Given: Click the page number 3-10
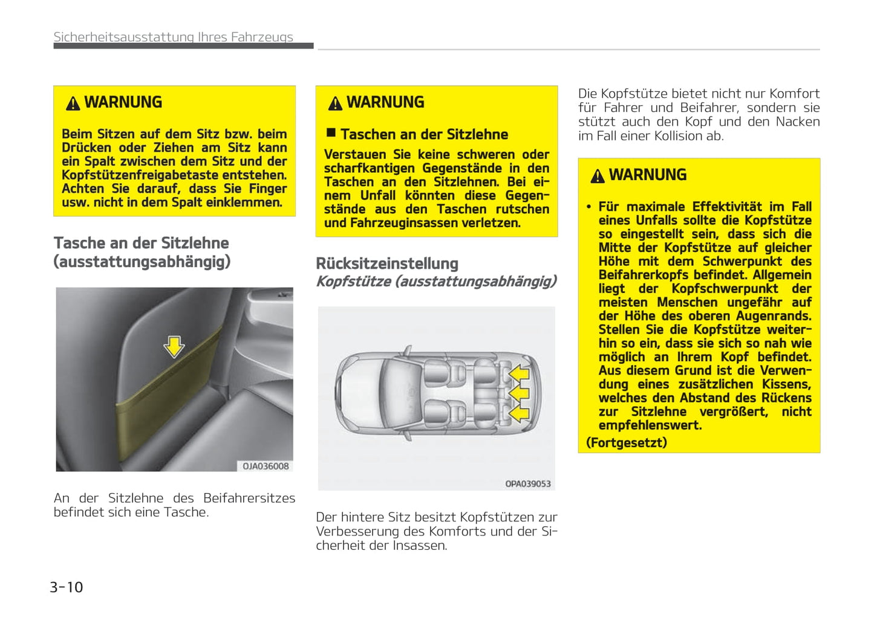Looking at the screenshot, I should point(67,587).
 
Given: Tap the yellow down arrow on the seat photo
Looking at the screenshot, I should point(174,346).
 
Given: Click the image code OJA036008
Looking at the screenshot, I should point(266,466).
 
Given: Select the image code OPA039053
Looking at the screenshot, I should point(527,483).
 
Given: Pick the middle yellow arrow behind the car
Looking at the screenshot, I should point(518,393).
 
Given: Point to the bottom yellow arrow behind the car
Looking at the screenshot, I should point(518,413).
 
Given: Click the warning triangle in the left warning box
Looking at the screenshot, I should point(73,103).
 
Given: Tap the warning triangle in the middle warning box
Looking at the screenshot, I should point(335,103).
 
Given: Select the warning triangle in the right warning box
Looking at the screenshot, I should point(598,176).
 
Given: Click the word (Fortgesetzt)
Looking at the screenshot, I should point(627,442).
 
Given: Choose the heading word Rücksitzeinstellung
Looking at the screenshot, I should point(387,263).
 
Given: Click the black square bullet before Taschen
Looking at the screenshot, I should point(331,132).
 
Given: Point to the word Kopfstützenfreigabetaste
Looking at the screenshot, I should point(140,175).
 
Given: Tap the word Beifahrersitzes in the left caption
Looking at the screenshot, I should point(249,498).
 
